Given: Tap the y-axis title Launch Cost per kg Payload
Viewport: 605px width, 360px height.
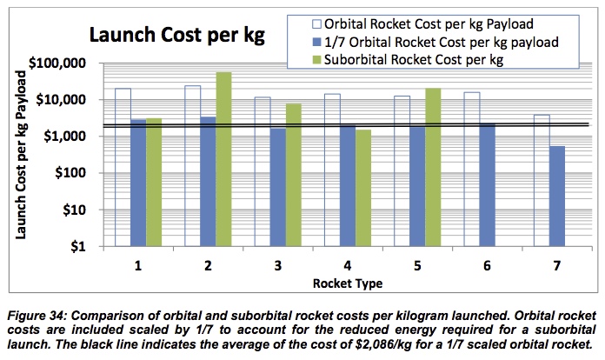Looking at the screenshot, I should click(21, 154).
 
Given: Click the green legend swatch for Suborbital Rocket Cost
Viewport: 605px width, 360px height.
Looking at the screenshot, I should click(316, 60).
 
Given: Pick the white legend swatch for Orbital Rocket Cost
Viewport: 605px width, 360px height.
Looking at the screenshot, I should click(316, 22).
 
